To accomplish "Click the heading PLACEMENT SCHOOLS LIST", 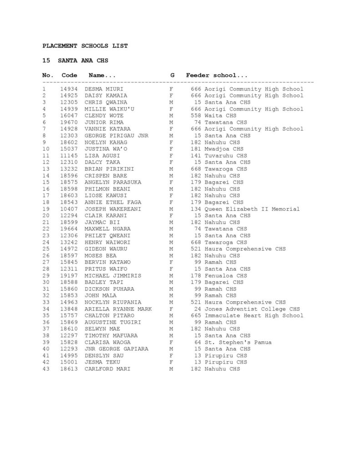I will coord(85,46).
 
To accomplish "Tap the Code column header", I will coord(69,75).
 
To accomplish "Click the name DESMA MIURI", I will coord(104,89).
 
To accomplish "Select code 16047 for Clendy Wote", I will coord(69,116).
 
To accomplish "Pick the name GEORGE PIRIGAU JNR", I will coord(113,136).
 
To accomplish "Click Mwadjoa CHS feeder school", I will coord(224,149).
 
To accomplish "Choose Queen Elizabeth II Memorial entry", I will coord(252,209).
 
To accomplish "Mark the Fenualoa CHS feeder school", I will coord(226,275).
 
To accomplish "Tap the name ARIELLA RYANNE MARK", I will coord(118,309).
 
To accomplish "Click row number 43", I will coord(46,369).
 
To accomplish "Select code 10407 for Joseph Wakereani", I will coord(69,209).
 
